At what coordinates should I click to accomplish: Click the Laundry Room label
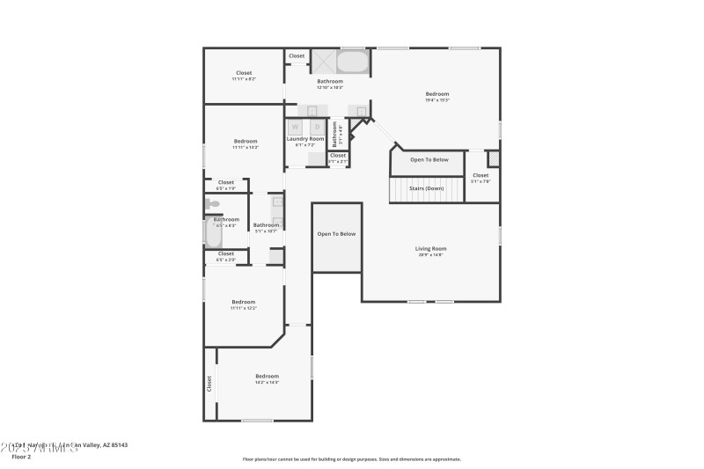[305, 138]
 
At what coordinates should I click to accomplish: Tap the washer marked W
[295, 127]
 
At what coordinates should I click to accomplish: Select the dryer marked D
[317, 127]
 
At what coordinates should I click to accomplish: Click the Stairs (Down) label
[426, 188]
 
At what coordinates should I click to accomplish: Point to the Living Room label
[430, 249]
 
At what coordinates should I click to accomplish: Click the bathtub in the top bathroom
[353, 62]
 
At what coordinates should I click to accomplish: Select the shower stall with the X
[323, 62]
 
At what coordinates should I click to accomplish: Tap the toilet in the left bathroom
[213, 204]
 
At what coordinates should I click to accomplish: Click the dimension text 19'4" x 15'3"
[437, 100]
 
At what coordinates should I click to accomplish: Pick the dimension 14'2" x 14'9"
[267, 382]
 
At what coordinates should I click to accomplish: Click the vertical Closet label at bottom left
[209, 384]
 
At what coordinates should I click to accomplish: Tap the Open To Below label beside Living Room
[336, 233]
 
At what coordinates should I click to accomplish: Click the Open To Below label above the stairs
[429, 159]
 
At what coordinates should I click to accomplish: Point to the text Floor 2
[21, 457]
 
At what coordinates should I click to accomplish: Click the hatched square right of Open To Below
[493, 158]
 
